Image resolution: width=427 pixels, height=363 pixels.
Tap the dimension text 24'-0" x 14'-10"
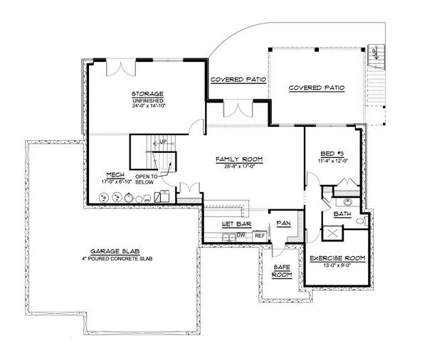click(147, 108)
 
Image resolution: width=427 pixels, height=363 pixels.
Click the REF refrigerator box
click(260, 235)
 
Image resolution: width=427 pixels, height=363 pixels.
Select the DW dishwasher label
click(241, 234)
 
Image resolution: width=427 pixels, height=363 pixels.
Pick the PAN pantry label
click(283, 223)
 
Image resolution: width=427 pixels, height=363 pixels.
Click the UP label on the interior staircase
click(163, 142)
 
